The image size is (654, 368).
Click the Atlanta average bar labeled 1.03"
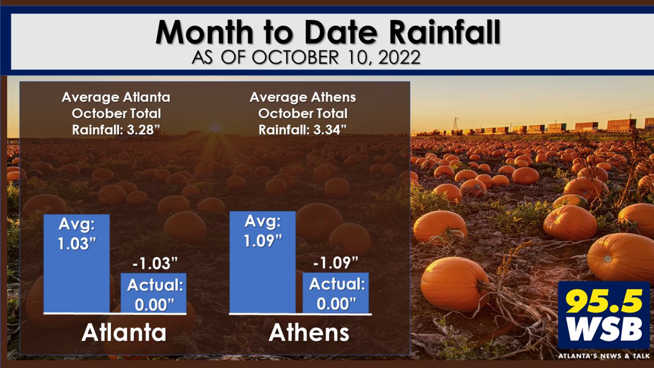point(77,264)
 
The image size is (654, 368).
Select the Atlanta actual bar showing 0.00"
point(154,293)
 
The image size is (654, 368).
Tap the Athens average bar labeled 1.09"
point(263,262)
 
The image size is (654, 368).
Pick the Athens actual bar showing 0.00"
point(336,293)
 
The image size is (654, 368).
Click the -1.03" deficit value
point(155,264)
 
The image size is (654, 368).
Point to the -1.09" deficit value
point(336,263)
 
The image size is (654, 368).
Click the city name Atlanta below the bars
point(124,333)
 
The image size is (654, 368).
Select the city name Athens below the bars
point(309,333)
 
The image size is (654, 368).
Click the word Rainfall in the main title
point(445,32)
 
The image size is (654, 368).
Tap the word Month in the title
point(204,32)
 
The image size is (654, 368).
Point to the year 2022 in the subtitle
point(399,57)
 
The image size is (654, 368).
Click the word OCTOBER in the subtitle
point(295,57)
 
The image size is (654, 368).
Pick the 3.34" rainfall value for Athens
point(330,130)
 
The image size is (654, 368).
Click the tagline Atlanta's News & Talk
point(604,356)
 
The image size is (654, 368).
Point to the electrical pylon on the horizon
point(455,124)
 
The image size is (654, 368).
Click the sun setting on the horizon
point(215,128)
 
